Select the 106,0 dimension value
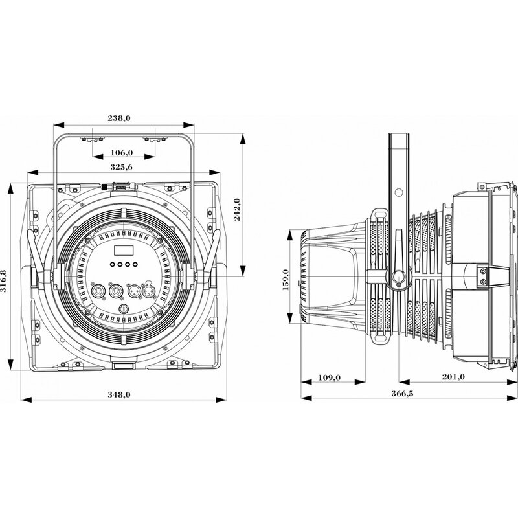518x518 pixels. coord(122,152)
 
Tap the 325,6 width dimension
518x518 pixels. coord(122,168)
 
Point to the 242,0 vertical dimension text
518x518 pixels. coord(237,209)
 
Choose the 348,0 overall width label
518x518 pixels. coord(122,394)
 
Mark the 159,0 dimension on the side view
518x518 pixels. coord(285,276)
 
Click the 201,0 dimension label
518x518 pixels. coord(452,377)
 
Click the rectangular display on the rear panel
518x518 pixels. coord(122,250)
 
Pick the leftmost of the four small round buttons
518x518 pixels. coord(112,265)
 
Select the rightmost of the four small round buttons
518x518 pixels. coord(135,265)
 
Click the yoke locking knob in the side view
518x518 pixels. coord(397,277)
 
